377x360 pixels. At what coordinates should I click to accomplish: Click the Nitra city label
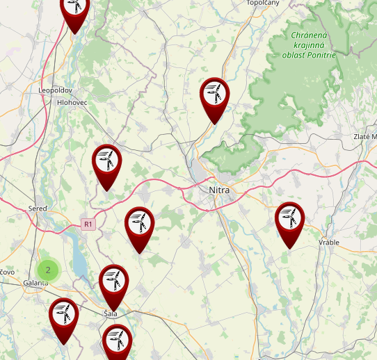pyautogui.click(x=218, y=190)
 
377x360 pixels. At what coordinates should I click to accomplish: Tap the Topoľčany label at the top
pyautogui.click(x=263, y=3)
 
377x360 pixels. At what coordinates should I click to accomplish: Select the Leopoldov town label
pyautogui.click(x=56, y=90)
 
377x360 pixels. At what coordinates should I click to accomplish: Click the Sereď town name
pyautogui.click(x=38, y=208)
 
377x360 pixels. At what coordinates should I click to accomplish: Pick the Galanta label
pyautogui.click(x=35, y=283)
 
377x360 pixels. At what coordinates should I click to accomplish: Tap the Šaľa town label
pyautogui.click(x=111, y=313)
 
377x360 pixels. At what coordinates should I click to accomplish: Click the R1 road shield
pyautogui.click(x=87, y=224)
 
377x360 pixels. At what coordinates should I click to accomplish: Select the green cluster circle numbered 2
pyautogui.click(x=47, y=270)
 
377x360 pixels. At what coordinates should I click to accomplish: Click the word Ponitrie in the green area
pyautogui.click(x=319, y=55)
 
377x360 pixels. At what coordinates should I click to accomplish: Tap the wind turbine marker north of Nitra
pyautogui.click(x=214, y=95)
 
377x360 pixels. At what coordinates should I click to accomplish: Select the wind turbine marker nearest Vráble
pyautogui.click(x=289, y=220)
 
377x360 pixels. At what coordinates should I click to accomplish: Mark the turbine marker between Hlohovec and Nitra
pyautogui.click(x=106, y=163)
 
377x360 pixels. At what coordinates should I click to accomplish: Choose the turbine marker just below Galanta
pyautogui.click(x=63, y=316)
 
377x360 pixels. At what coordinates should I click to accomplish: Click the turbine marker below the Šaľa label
pyautogui.click(x=117, y=341)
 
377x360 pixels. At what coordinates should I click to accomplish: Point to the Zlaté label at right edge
pyautogui.click(x=364, y=137)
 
